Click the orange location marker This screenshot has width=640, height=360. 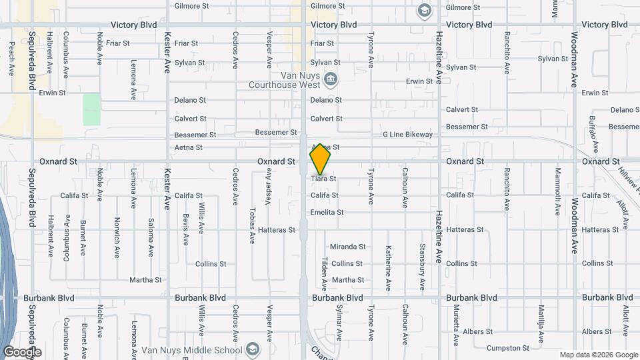[x=321, y=159]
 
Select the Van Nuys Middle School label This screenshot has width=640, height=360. [x=191, y=350]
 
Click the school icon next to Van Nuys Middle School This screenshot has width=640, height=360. [x=253, y=349]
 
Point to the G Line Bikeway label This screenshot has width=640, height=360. [x=407, y=135]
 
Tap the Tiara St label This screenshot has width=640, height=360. [x=323, y=179]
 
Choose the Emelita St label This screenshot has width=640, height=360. [x=327, y=213]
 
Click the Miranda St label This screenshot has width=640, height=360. [x=348, y=247]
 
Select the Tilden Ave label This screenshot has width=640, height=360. [x=325, y=275]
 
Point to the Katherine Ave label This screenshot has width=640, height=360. [x=388, y=268]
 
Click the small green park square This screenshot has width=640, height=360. [x=92, y=109]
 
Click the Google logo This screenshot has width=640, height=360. [x=22, y=352]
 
